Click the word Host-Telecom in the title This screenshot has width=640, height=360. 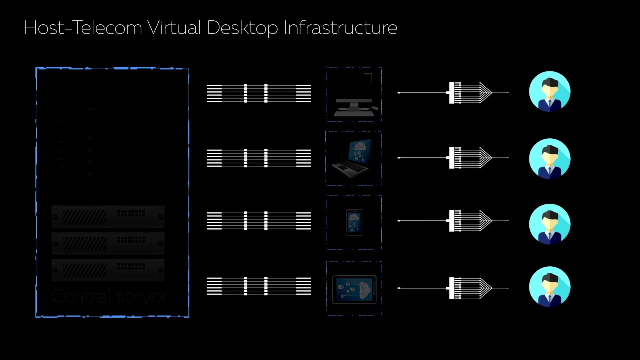(83, 28)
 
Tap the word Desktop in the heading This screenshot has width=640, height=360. (242, 28)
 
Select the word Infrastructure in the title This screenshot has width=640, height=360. (340, 28)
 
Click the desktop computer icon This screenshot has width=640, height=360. (354, 95)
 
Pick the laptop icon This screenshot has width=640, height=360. (353, 157)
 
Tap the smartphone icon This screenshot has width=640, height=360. (354, 222)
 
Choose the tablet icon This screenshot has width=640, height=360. (354, 289)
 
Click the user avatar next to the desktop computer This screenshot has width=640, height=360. (549, 92)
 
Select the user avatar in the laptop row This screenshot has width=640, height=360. (549, 158)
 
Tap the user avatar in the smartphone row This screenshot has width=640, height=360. (549, 224)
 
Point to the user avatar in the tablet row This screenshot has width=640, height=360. (549, 287)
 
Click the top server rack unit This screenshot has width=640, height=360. (108, 217)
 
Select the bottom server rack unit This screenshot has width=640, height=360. (108, 270)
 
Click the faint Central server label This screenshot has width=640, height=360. (109, 297)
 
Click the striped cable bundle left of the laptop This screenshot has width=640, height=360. (259, 158)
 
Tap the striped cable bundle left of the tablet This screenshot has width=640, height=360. (259, 287)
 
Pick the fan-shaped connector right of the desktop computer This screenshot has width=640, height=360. (470, 93)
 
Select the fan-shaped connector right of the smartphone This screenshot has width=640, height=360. (470, 221)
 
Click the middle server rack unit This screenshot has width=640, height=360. (108, 243)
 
